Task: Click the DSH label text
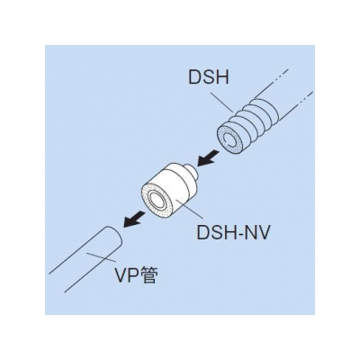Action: pos(209,76)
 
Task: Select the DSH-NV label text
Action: pos(230,232)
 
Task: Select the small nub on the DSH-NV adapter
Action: pos(192,172)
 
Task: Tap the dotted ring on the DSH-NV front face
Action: pos(158,199)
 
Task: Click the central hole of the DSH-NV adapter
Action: pos(157,200)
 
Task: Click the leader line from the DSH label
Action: pos(222,103)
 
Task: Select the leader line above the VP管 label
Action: pos(97,257)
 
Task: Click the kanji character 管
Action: pos(148,276)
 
